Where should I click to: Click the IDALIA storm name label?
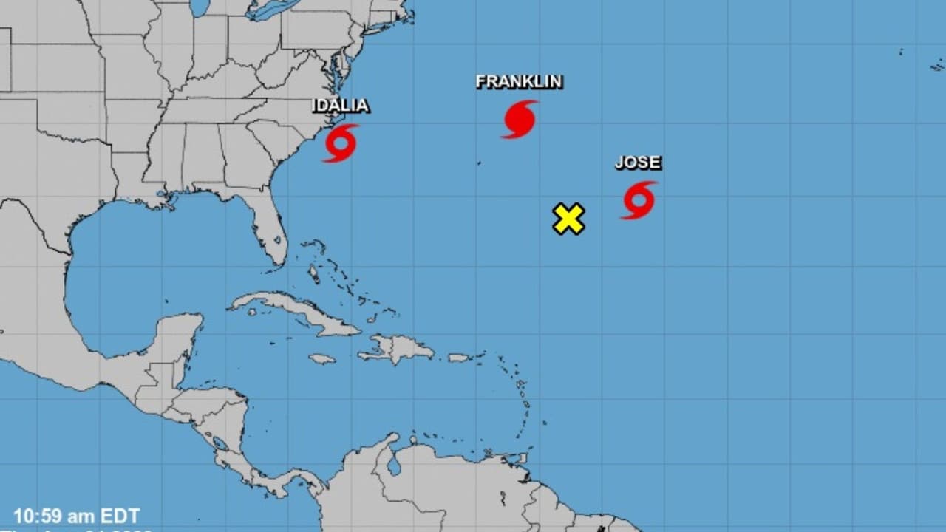coord(340,106)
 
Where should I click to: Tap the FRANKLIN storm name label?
coord(519,81)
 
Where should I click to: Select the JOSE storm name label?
coord(638,163)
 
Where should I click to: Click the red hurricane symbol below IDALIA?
coord(341,143)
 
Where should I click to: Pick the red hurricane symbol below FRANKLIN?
coord(520,119)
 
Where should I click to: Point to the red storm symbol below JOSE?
coord(639,200)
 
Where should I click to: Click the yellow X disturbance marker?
coord(569,219)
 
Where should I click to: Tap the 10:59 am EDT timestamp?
coord(76,516)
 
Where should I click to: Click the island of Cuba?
coord(296,310)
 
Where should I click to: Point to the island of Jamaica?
coord(322,359)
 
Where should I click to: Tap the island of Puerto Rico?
coord(459,358)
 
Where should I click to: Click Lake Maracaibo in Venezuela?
coord(395,465)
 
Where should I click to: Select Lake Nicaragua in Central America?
coord(220,443)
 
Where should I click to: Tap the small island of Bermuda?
coord(478,162)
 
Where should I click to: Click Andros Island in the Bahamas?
coord(313,274)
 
